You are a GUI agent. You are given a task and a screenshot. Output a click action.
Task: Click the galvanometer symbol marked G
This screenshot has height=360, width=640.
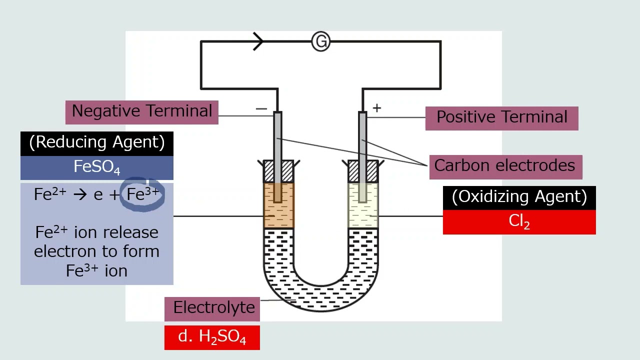pos(320,41)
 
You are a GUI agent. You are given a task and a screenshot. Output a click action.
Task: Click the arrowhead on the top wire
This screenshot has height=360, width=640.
pos(258,41)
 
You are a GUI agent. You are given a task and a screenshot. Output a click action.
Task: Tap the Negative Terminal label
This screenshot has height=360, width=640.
pos(142,111)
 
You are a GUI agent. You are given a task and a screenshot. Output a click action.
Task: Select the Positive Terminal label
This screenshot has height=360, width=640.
pos(501,118)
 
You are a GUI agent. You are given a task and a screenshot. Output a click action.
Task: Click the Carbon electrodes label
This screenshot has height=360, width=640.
pos(505,166)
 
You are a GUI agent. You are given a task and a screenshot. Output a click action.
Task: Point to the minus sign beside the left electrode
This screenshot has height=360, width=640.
pos(261,108)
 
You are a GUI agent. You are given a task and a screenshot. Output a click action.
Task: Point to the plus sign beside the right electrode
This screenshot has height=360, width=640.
pos(376,107)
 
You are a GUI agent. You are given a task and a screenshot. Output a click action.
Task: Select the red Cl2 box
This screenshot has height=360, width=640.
pos(519,222)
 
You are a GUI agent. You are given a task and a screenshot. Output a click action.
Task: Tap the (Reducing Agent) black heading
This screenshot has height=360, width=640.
pos(96,143)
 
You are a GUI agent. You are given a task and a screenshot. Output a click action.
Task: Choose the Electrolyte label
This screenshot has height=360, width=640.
pos(213,308)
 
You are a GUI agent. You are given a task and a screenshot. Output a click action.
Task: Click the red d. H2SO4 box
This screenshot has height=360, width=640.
pos(212,337)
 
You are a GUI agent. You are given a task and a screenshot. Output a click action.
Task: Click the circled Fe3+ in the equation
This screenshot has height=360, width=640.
pos(142,194)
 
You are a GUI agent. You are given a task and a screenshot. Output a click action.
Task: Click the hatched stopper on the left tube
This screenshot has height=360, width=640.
pos(278,171)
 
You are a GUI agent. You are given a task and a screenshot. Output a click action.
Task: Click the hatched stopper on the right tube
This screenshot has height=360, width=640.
pos(363,171)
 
